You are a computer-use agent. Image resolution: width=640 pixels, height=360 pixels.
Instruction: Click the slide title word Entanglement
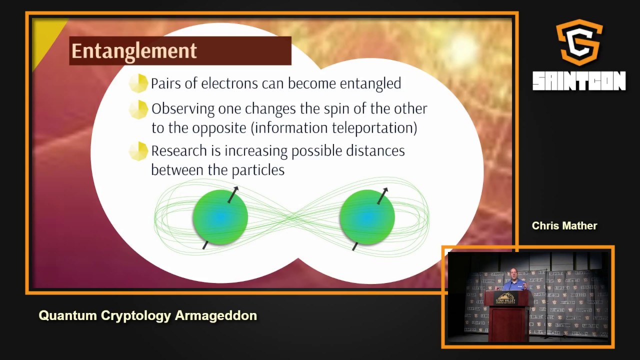click(x=134, y=51)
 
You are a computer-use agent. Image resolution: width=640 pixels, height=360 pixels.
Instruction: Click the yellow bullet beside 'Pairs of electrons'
click(x=138, y=83)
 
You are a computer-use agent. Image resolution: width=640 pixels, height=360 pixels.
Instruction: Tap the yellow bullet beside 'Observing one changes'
click(x=138, y=109)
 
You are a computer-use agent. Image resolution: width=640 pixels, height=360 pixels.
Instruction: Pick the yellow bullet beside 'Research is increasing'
click(x=138, y=151)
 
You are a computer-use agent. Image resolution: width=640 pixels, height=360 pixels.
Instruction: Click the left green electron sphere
click(x=220, y=217)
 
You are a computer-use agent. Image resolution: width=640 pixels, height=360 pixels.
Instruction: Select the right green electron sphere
click(x=366, y=217)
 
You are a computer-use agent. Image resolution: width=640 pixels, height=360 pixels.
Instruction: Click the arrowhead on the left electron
click(x=236, y=189)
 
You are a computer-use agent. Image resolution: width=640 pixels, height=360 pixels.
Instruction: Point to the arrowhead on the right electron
click(x=385, y=190)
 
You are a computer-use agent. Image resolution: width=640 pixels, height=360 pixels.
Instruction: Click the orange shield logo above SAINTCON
click(x=579, y=42)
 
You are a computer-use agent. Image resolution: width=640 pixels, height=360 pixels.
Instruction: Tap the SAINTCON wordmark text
click(x=579, y=81)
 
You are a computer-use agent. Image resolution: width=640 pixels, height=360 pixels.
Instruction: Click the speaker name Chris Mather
click(x=564, y=226)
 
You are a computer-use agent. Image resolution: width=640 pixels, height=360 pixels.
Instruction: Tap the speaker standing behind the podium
click(x=513, y=280)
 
